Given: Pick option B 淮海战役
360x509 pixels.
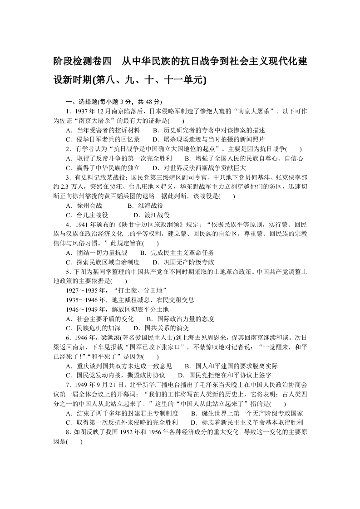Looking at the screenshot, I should (x=138, y=206).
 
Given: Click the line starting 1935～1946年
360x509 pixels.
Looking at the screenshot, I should (x=130, y=300).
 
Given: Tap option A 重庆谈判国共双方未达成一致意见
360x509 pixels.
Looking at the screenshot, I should (x=118, y=366).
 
